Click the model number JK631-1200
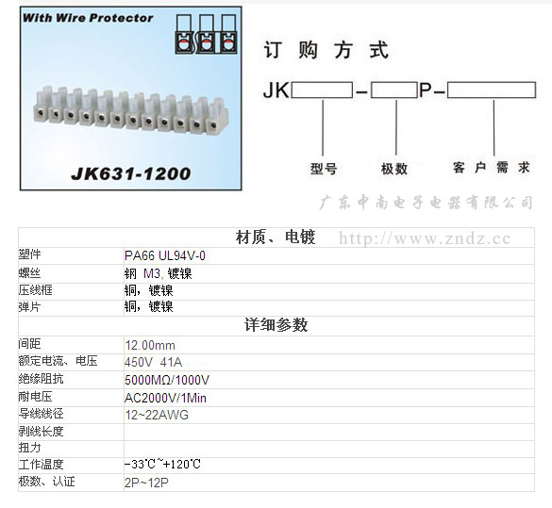tap(131, 173)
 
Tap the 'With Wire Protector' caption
tap(88, 18)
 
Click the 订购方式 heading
tap(326, 50)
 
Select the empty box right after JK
tap(322, 90)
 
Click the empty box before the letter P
tap(394, 90)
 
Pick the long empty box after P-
tap(492, 90)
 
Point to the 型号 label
tap(324, 169)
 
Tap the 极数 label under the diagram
tap(394, 169)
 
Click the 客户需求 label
tap(492, 168)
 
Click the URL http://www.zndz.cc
tap(425, 239)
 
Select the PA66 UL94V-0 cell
tap(165, 256)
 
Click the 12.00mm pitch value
tap(150, 346)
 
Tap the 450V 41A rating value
tap(153, 363)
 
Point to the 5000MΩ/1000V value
tap(167, 380)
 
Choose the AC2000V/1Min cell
tap(165, 399)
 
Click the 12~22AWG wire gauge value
tap(157, 416)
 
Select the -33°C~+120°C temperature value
tap(162, 464)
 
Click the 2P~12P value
tap(146, 483)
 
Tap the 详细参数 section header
tap(276, 325)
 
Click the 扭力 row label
tap(29, 448)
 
